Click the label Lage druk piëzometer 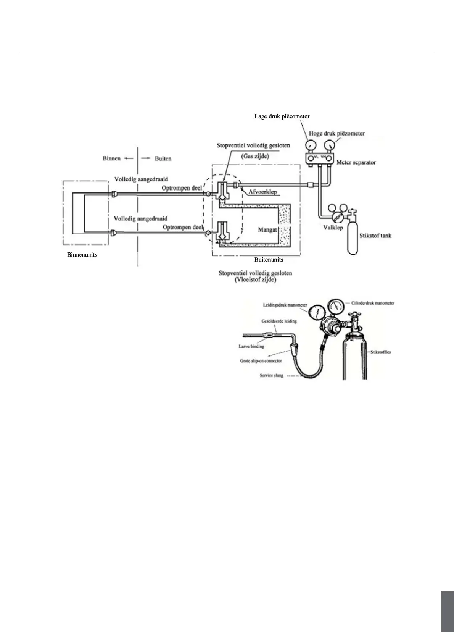pyautogui.click(x=282, y=116)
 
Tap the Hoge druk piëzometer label pyautogui.click(x=337, y=134)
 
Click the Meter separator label pyautogui.click(x=356, y=163)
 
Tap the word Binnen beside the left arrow pyautogui.click(x=111, y=158)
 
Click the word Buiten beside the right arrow pyautogui.click(x=163, y=158)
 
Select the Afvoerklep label pyautogui.click(x=262, y=192)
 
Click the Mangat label pyautogui.click(x=267, y=229)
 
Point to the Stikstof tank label pyautogui.click(x=375, y=236)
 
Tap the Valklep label pyautogui.click(x=333, y=228)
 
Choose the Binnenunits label pyautogui.click(x=82, y=255)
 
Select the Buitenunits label pyautogui.click(x=269, y=260)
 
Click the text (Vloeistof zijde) pyautogui.click(x=255, y=279)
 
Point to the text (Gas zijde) pyautogui.click(x=255, y=157)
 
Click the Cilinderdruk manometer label pyautogui.click(x=373, y=303)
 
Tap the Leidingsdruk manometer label pyautogui.click(x=285, y=305)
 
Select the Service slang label pyautogui.click(x=271, y=375)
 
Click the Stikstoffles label pyautogui.click(x=381, y=352)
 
